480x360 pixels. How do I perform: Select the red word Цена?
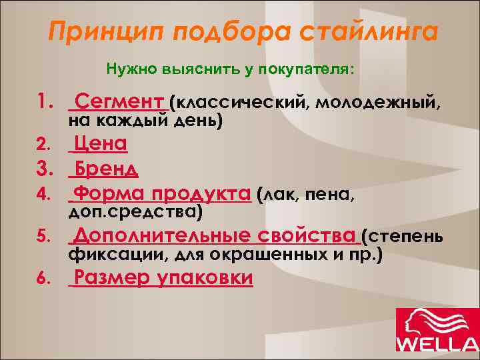(x=101, y=145)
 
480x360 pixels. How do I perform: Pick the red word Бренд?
(x=106, y=169)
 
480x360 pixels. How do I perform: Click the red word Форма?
(x=109, y=194)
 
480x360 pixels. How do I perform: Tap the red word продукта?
(x=199, y=194)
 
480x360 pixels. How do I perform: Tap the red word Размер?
(x=110, y=278)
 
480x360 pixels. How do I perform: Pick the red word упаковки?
(x=205, y=279)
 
